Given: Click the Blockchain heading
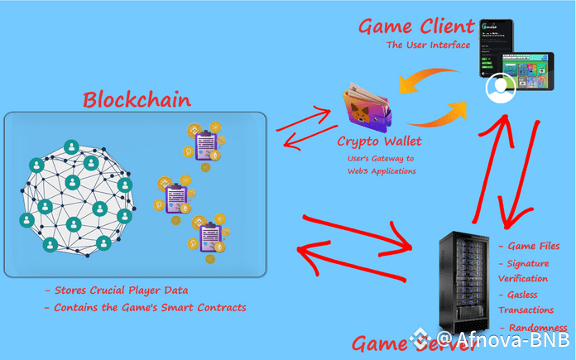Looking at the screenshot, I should point(137,100).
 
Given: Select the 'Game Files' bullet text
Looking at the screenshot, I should point(532,246).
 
